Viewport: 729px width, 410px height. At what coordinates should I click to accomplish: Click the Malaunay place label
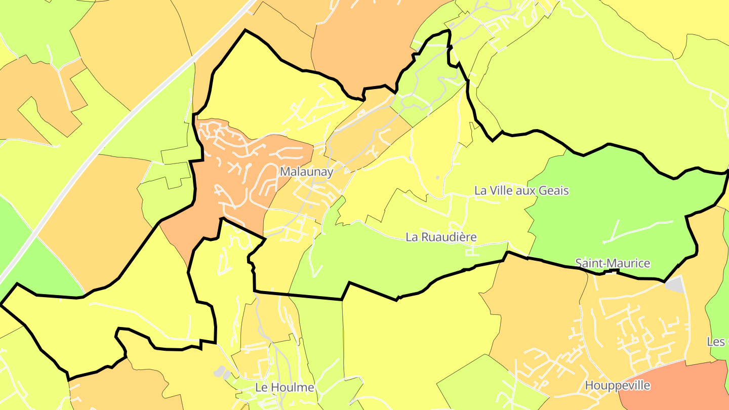[x=306, y=172]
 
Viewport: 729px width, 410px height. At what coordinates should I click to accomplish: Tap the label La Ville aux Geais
[x=521, y=191]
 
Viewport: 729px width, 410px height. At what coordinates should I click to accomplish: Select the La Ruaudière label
[x=441, y=237]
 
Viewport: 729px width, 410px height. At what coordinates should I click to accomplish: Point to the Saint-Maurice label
[x=613, y=263]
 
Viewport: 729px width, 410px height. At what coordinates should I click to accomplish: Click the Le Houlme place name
[x=285, y=388]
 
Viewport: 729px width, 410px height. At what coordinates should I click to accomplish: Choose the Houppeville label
[x=617, y=386]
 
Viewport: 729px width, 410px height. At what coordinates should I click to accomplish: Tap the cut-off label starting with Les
[x=717, y=342]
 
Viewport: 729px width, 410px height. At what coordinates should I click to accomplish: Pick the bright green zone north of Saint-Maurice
[x=607, y=202]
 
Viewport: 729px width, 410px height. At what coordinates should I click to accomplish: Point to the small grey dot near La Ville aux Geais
[x=437, y=178]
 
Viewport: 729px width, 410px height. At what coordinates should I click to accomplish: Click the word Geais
[x=554, y=191]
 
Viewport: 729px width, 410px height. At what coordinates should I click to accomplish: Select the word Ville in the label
[x=500, y=191]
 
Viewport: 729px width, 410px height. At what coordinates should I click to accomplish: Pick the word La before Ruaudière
[x=412, y=237]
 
